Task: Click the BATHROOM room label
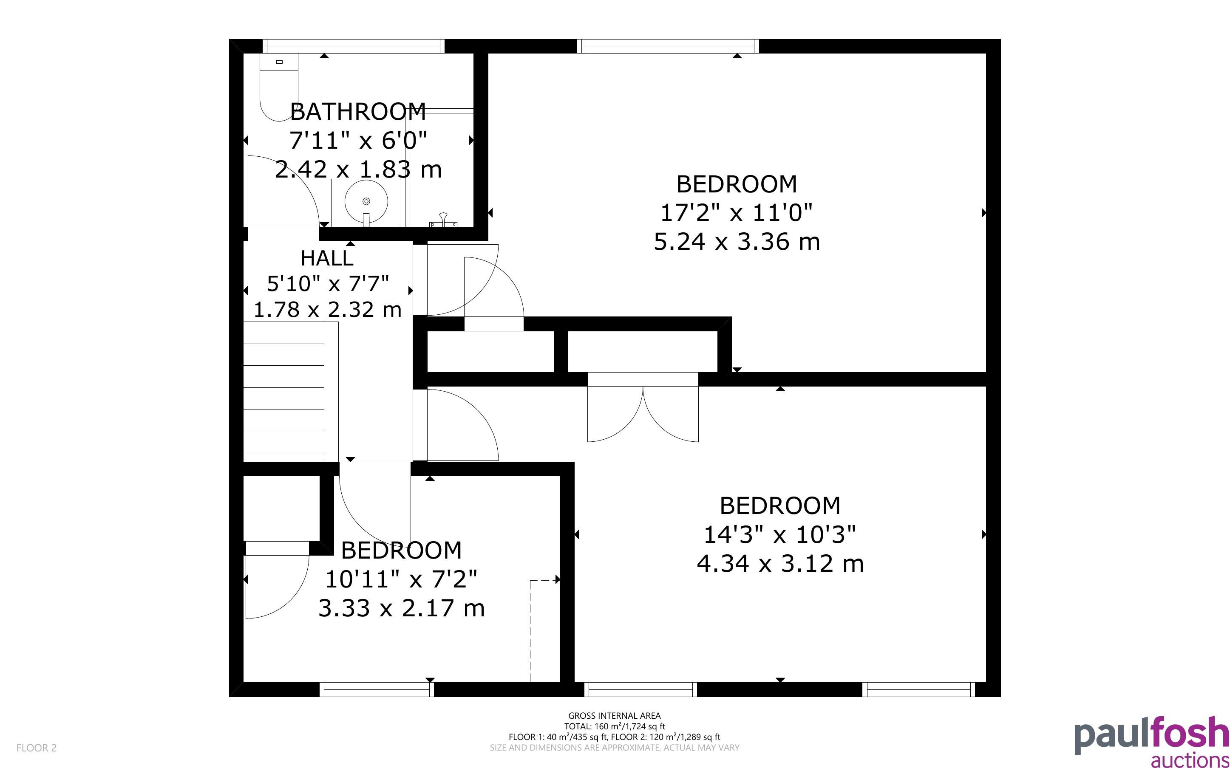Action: [x=358, y=112]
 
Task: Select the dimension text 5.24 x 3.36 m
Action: [x=737, y=241]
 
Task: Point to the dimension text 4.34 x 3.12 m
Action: [x=780, y=563]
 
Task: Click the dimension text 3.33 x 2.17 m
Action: [x=401, y=608]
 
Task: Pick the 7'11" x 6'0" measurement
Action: [x=358, y=140]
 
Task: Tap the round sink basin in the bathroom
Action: [x=366, y=202]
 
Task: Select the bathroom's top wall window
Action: [x=354, y=46]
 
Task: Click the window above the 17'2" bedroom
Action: [x=668, y=46]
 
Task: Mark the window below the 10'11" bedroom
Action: [x=377, y=689]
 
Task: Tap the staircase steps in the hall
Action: [x=283, y=392]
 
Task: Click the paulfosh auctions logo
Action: [x=1152, y=741]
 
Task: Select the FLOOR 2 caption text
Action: [x=37, y=748]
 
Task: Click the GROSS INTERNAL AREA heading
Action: [x=614, y=716]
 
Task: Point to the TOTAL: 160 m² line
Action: [x=614, y=726]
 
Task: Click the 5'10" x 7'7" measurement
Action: [x=328, y=283]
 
